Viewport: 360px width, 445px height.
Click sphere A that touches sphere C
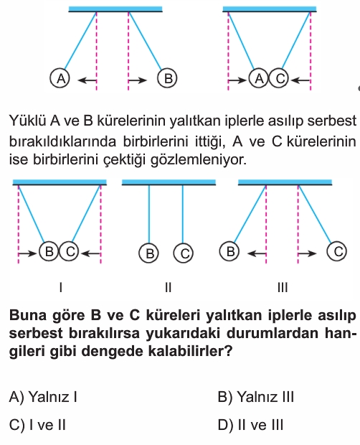259,78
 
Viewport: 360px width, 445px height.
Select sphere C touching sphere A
279,78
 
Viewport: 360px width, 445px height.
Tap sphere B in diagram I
49,251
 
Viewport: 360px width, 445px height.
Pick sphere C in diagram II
184,253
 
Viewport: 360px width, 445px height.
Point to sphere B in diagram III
229,251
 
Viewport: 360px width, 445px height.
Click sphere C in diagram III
337,251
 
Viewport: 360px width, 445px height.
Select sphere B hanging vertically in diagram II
149,253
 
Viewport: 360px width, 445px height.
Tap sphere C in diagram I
69,251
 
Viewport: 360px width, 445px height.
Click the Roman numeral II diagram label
168,288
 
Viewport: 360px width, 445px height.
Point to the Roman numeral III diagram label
283,288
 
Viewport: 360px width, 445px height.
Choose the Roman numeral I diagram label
61,288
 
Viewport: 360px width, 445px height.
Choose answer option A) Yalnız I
43,397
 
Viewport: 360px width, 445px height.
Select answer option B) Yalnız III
256,397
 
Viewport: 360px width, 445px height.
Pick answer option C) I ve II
37,425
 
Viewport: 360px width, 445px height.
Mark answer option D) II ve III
250,425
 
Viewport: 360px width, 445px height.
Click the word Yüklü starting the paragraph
27,121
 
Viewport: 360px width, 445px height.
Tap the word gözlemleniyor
199,160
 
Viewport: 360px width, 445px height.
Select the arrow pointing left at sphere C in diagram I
90,253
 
